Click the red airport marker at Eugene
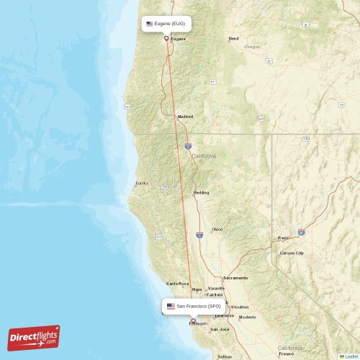(x=166, y=38)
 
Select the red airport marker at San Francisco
(x=193, y=321)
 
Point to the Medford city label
(x=186, y=116)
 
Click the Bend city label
(x=233, y=38)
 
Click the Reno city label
(x=283, y=238)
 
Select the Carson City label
(x=292, y=253)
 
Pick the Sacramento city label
(x=235, y=278)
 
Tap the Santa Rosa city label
(x=178, y=283)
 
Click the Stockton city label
(x=240, y=307)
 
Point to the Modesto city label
(x=247, y=317)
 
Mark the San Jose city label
(x=219, y=329)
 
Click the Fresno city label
(x=287, y=354)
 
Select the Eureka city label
(x=141, y=183)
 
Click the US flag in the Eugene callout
(x=149, y=24)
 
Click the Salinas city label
(x=225, y=356)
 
